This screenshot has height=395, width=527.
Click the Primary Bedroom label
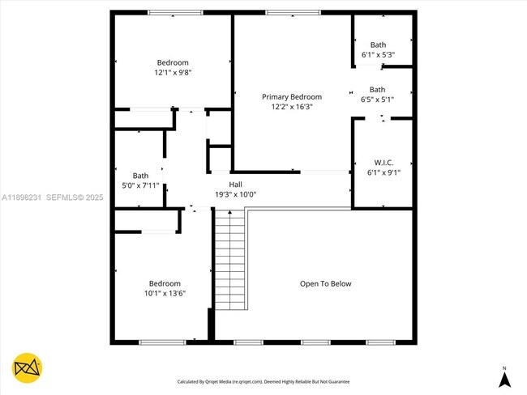[291, 96]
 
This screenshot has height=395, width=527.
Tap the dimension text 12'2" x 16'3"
[291, 106]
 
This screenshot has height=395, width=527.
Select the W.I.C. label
[383, 162]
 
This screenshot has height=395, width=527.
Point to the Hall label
[235, 185]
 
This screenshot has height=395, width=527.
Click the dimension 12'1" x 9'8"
[173, 72]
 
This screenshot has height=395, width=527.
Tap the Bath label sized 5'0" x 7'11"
[141, 176]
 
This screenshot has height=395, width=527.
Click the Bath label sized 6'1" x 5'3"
[378, 45]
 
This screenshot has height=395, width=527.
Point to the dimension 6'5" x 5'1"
[377, 100]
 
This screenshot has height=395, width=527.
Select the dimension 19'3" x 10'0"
[235, 194]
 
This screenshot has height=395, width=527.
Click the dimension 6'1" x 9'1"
[383, 172]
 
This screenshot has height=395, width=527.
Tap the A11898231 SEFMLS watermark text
[53, 197]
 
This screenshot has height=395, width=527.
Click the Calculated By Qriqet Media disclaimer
[263, 381]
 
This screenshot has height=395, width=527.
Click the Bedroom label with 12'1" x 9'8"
[173, 62]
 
